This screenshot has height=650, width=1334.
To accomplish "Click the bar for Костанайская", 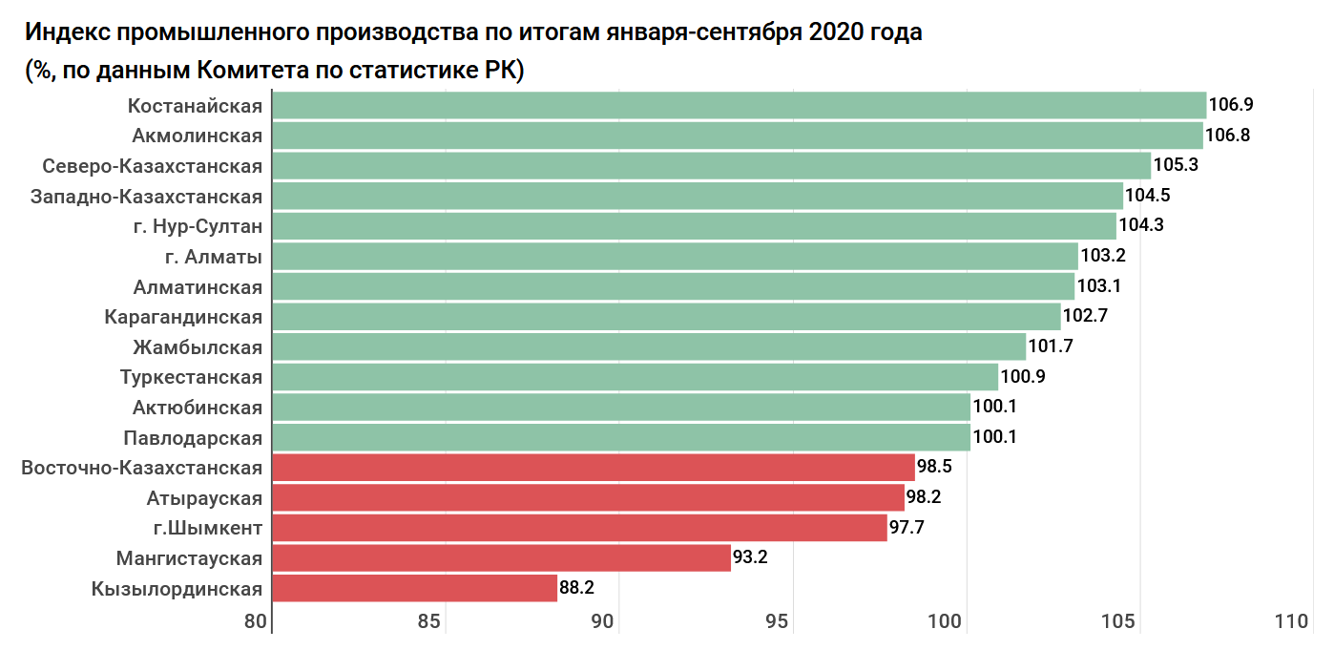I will tap(740, 106).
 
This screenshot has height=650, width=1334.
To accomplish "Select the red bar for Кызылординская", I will tap(415, 588).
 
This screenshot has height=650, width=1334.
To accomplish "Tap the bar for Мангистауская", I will tap(502, 557).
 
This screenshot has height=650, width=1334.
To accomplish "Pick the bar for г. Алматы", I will tap(675, 256).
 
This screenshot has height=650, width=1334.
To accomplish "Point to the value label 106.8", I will tap(1227, 136).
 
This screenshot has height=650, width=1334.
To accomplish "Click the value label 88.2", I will tap(577, 588).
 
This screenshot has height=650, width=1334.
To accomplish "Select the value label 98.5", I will tap(935, 468).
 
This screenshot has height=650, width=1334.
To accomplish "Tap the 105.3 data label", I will tap(1176, 165).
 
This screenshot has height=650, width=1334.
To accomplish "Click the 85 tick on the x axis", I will tap(430, 621).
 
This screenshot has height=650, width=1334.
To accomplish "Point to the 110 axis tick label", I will tap(1291, 621).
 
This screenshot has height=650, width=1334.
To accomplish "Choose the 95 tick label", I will tap(778, 621).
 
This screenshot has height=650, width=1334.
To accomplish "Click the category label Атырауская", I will tap(204, 497).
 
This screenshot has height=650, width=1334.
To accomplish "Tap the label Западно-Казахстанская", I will tap(146, 196).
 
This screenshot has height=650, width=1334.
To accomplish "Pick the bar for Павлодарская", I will tap(621, 437).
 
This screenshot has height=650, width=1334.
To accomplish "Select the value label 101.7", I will tap(1051, 346).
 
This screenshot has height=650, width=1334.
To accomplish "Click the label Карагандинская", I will tap(183, 317).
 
